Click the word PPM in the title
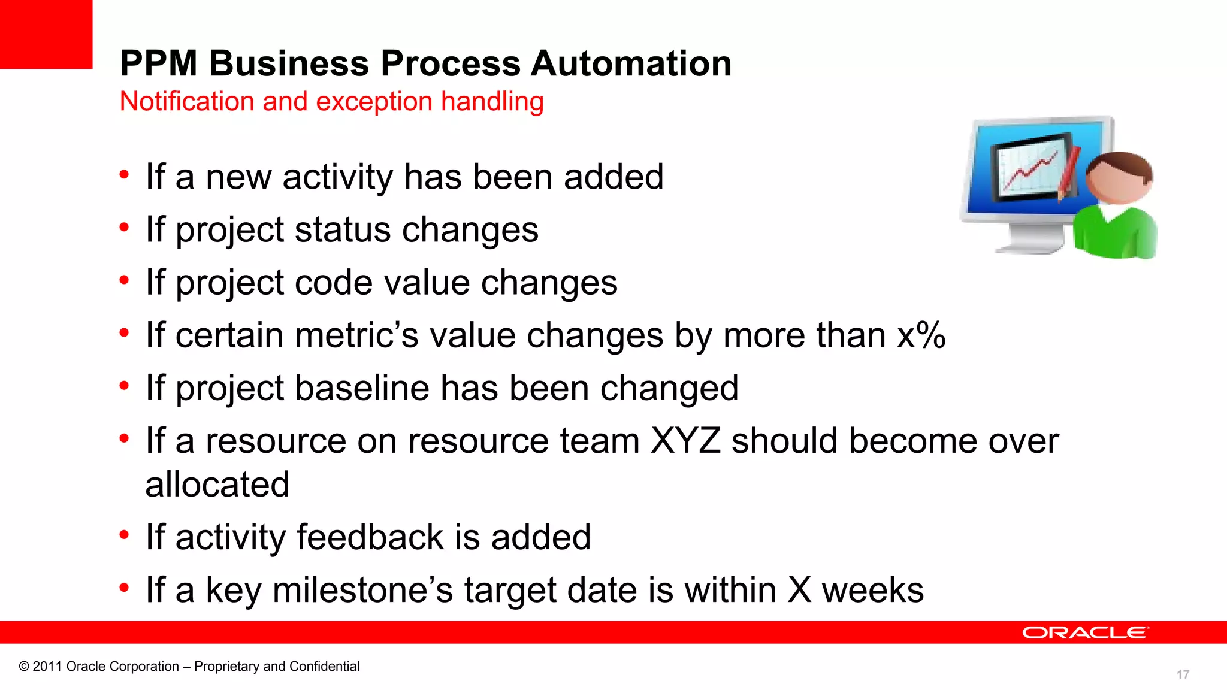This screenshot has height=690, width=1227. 159,63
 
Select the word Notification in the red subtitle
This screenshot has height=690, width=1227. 185,101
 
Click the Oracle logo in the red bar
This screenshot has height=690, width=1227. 1085,633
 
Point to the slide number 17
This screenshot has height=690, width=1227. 1183,674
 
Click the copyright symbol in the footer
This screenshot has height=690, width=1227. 24,667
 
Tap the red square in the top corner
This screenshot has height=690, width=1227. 46,34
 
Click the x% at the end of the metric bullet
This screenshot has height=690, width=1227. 921,335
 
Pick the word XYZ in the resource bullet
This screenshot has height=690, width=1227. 685,441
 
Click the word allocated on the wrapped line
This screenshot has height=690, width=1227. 217,485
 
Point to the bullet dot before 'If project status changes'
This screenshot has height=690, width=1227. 124,228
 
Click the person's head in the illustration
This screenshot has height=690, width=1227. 1118,178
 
